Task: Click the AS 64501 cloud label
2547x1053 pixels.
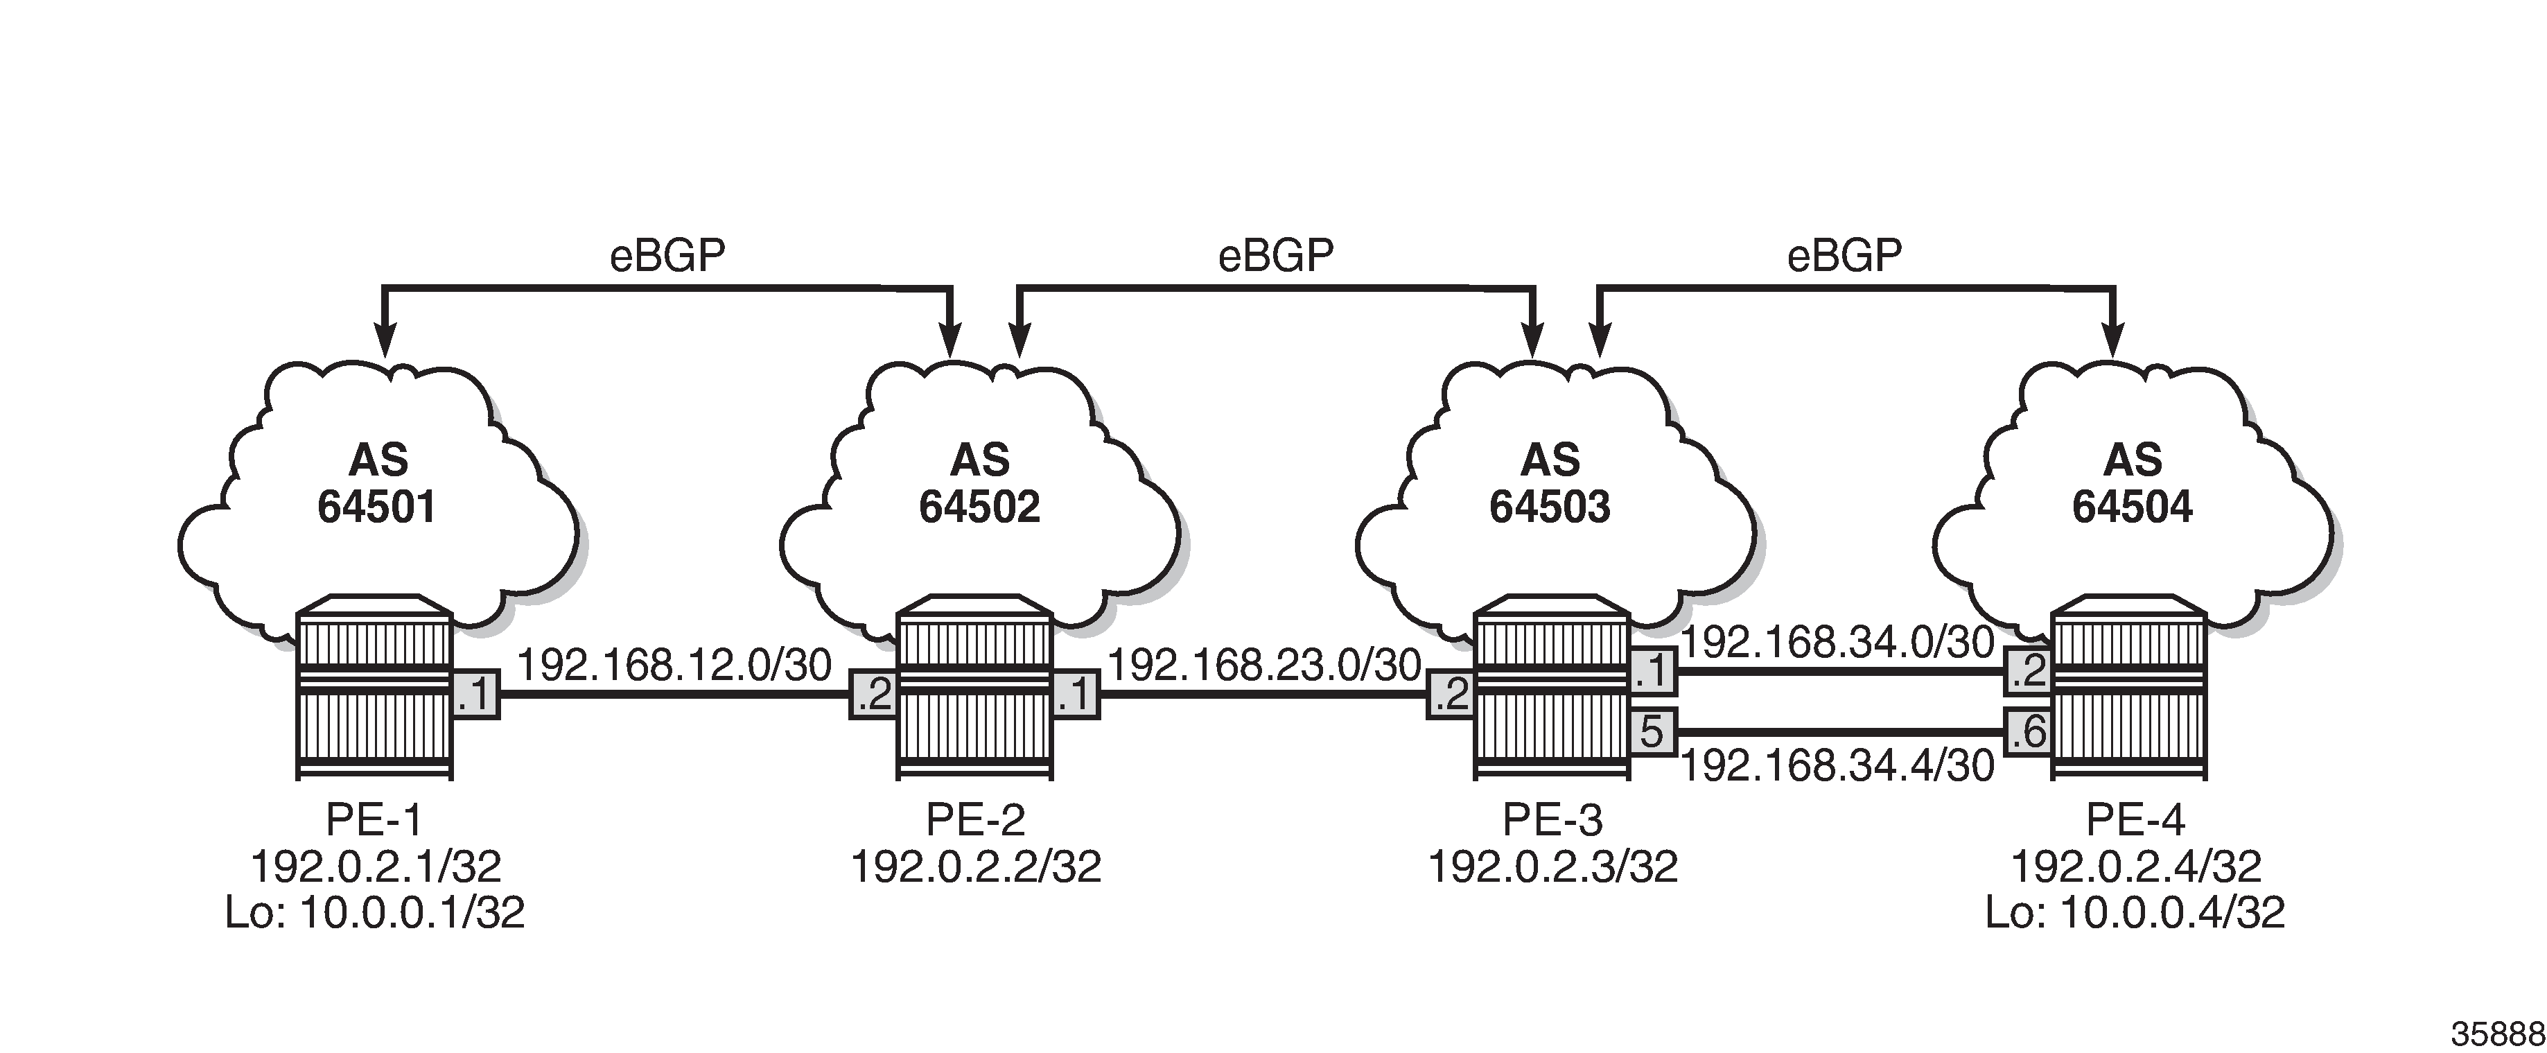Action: click(377, 483)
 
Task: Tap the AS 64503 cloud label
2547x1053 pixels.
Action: click(1550, 483)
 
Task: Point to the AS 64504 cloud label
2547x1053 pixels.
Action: click(2133, 483)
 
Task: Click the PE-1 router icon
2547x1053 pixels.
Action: click(375, 687)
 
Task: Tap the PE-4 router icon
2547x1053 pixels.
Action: click(2130, 687)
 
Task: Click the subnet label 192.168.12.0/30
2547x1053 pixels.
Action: click(674, 665)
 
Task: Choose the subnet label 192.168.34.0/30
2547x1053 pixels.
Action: click(1838, 643)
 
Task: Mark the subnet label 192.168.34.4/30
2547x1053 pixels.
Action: click(1838, 765)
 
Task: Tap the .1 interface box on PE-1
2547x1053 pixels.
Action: click(475, 695)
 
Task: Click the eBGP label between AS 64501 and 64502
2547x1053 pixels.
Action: click(667, 256)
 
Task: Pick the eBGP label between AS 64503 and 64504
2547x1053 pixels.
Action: click(1844, 256)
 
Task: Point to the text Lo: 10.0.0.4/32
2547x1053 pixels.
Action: click(2135, 912)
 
